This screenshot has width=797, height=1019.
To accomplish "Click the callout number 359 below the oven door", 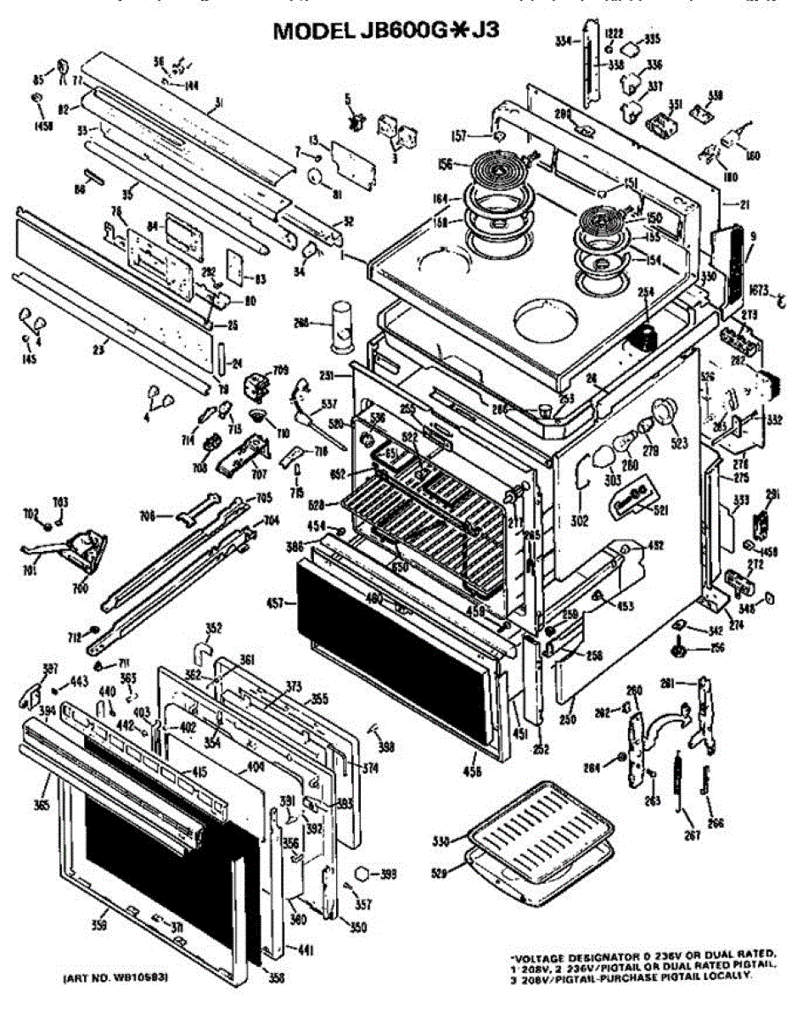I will point(99,924).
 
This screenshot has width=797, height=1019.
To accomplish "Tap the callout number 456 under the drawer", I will point(472,772).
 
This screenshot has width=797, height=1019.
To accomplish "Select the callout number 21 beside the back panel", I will point(744,205).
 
